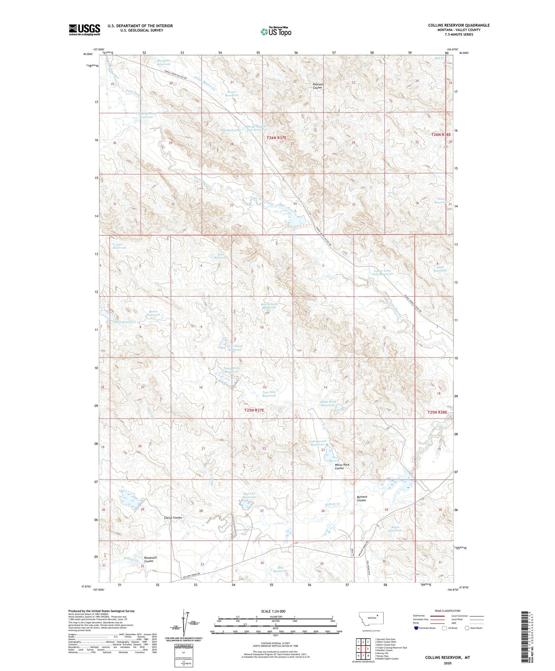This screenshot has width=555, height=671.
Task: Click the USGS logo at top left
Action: point(84,30)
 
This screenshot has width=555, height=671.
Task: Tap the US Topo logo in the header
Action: point(276,32)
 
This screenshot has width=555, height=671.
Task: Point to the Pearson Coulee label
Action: point(318,86)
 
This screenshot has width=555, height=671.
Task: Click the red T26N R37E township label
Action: point(276,138)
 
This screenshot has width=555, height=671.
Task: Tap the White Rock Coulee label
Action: point(342,466)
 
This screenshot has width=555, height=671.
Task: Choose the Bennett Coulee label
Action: point(362,499)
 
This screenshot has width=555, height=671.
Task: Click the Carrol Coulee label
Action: point(173,517)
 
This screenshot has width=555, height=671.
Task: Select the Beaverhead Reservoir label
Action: point(269,306)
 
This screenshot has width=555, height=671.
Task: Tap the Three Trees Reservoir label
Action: point(231,370)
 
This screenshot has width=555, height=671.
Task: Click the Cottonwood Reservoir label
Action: point(317,443)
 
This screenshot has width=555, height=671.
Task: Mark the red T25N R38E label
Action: point(437,412)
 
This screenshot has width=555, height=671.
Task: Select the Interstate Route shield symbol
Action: point(417,628)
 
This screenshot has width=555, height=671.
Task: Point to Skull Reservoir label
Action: point(125,322)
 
